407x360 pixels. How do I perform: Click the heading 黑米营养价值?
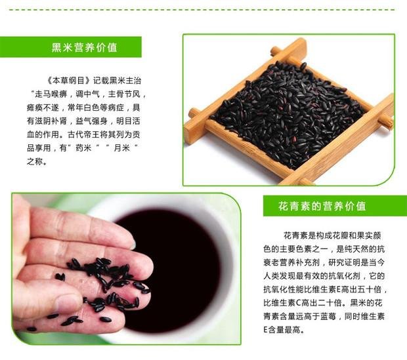coord(85,47)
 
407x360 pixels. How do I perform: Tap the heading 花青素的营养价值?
coord(322,206)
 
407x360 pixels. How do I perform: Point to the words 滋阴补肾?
coord(51,121)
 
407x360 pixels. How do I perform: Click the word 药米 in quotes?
coord(83,148)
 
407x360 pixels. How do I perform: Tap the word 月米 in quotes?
coord(121,148)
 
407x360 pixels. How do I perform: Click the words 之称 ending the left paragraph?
coord(35,161)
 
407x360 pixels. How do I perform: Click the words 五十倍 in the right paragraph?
coord(370,289)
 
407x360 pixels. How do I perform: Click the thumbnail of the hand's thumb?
coord(68,303)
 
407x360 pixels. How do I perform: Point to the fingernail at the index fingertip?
coord(133,244)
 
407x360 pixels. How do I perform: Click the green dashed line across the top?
coord(202,10)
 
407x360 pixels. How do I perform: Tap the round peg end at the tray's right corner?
coord(386,122)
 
